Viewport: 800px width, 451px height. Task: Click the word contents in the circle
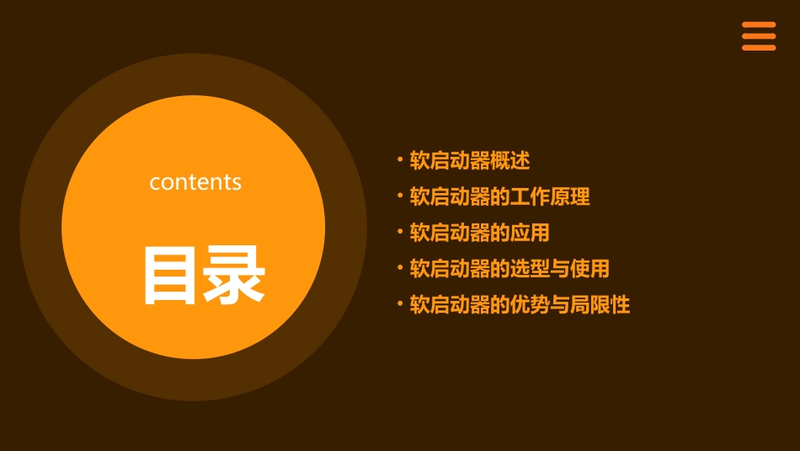pos(195,182)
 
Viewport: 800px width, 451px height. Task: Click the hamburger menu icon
pos(759,36)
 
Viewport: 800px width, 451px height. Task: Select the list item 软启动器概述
pos(469,160)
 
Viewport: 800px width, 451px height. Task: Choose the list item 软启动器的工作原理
pos(499,196)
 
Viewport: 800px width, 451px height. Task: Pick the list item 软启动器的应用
pos(479,233)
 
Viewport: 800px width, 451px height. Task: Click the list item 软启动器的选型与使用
pos(509,269)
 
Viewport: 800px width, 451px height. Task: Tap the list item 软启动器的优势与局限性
pos(520,304)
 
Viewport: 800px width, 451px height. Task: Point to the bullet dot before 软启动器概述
pos(400,158)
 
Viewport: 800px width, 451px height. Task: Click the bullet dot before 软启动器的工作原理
pos(400,195)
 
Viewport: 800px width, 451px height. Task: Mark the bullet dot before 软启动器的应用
pos(400,231)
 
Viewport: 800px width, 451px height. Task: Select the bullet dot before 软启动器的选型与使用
pos(400,267)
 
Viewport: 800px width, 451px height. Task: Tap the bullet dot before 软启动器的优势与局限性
pos(400,303)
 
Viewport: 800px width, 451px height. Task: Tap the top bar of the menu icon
pos(759,25)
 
